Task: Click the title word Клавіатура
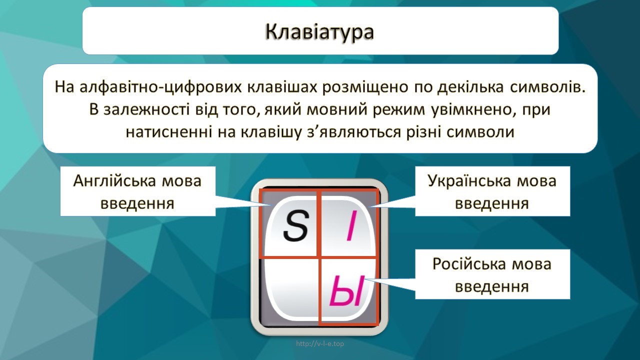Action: (319, 31)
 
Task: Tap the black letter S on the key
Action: (296, 225)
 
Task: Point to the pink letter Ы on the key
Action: (347, 290)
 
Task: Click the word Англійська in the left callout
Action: (115, 181)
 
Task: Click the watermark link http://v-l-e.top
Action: (320, 343)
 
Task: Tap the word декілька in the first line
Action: (470, 87)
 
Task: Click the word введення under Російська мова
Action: (492, 286)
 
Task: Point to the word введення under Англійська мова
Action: (137, 204)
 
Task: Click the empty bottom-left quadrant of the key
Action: (290, 288)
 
